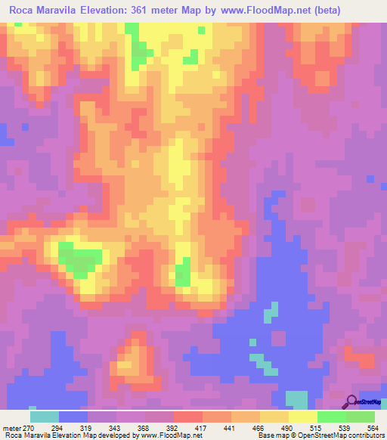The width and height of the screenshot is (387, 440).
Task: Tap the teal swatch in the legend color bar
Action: (45, 416)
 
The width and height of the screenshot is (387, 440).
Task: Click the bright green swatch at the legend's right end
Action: (360, 416)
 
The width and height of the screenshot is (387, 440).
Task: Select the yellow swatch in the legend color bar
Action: (302, 416)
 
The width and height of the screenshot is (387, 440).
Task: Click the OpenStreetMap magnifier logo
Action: (351, 401)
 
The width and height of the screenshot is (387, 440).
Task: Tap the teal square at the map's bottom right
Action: (296, 400)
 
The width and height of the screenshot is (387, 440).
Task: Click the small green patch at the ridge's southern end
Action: (182, 274)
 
